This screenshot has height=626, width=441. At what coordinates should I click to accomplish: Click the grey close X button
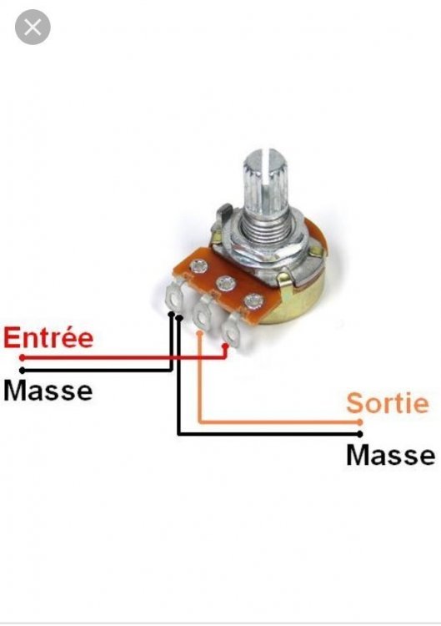click(x=33, y=28)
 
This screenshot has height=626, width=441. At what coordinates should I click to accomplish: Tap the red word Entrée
click(x=48, y=337)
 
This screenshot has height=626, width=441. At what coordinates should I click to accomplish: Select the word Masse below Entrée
click(x=48, y=391)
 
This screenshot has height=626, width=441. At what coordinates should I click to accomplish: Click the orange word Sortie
click(x=388, y=403)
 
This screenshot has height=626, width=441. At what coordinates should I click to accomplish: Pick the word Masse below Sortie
click(x=390, y=455)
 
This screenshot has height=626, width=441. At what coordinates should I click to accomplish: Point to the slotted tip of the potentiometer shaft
click(x=267, y=156)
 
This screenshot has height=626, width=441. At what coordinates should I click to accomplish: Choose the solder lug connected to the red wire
click(x=231, y=330)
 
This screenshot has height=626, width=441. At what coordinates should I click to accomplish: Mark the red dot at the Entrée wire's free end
click(x=22, y=358)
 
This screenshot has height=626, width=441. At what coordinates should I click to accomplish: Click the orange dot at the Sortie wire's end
click(x=359, y=422)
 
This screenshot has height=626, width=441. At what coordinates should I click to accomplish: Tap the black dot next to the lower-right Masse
click(x=360, y=434)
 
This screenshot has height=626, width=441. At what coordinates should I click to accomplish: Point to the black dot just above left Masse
click(x=22, y=370)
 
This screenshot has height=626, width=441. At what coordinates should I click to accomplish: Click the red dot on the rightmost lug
click(x=226, y=346)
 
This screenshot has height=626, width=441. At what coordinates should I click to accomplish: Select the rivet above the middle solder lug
click(x=226, y=284)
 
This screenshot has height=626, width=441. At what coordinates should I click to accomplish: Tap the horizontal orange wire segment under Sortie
click(x=279, y=422)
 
